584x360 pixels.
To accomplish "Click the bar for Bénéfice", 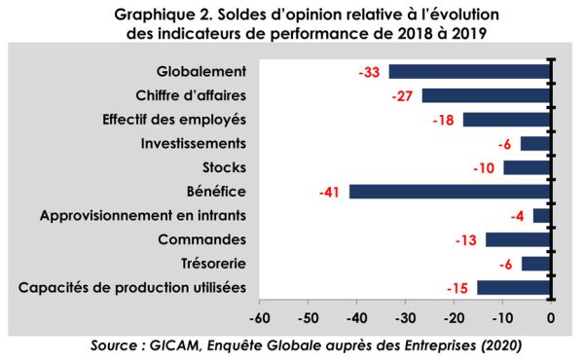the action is coord(450,192).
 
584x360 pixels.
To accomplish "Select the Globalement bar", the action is coord(470,71).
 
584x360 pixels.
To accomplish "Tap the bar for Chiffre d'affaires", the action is coord(487,95).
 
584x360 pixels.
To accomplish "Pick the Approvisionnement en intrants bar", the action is coord(542,216).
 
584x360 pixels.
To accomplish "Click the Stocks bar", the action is coord(527,168).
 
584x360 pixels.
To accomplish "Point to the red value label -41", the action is coord(329,193).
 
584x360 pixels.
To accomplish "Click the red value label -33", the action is coord(369,72).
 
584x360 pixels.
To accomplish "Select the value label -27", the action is coord(402,96).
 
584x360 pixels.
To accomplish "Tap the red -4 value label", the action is coord(518,216).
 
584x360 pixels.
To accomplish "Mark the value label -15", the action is coord(457,289).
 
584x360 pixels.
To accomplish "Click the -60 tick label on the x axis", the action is coord(260,318).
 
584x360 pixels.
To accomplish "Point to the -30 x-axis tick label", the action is coord(405,318).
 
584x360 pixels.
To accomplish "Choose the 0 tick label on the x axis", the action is coord(551,318).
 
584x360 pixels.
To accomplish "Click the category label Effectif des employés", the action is coord(174,120).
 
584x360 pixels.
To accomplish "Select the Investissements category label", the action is coord(194,144).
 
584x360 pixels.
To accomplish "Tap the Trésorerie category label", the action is coord(213,264).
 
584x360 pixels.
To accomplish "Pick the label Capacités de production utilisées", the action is coord(132,288).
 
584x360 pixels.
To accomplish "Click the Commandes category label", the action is coord(201,239).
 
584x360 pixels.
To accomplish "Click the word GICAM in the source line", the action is coord(174,345).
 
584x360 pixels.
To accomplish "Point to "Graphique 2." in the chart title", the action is coord(164,15).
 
